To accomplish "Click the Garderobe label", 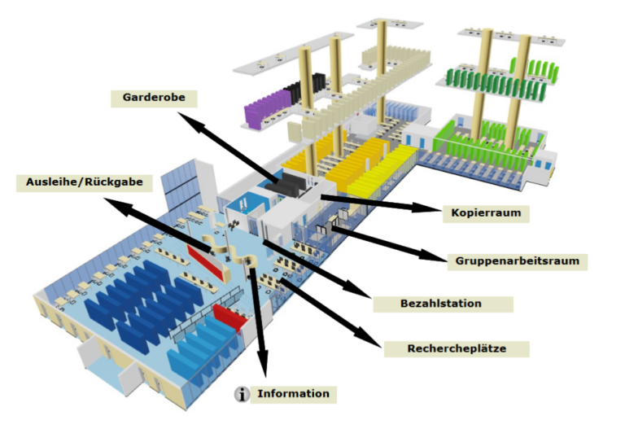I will click(154, 98).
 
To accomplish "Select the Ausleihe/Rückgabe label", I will click(85, 182).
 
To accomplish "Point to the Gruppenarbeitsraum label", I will click(518, 261).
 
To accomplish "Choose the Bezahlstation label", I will click(442, 304).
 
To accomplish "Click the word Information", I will click(294, 394).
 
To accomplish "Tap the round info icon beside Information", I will click(242, 395).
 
